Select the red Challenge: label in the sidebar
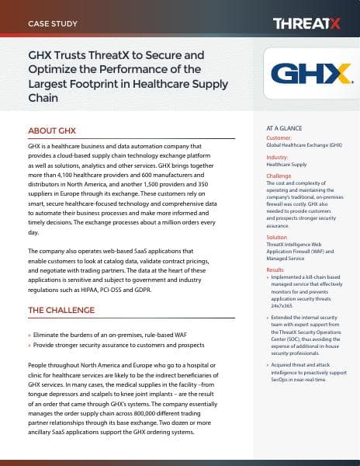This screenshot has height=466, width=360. click(279, 176)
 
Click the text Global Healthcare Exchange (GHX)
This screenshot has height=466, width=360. click(303, 145)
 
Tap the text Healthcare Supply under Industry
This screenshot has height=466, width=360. click(286, 165)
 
